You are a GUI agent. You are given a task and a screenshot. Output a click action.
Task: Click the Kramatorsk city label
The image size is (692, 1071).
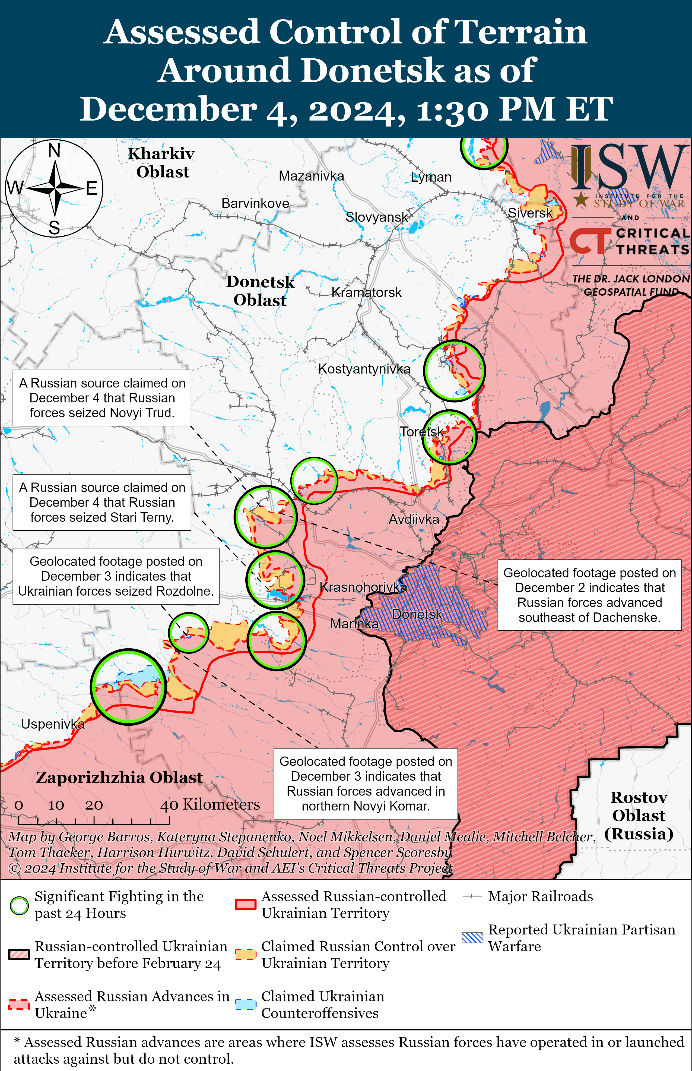coord(366,293)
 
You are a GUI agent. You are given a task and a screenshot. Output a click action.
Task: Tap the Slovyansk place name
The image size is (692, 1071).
coord(377,217)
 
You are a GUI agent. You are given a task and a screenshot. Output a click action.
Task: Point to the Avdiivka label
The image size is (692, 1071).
coord(413,520)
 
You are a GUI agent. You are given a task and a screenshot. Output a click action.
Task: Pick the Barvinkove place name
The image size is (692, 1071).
coord(255,203)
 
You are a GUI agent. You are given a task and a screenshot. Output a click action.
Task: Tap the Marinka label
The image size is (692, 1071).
coord(354,624)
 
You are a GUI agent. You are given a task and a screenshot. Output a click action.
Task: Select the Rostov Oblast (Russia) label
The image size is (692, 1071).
coord(639,816)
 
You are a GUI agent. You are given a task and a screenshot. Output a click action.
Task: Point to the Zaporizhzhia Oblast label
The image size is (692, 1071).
coord(119,778)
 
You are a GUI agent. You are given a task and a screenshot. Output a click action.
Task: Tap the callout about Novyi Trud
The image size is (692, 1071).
coord(102,398)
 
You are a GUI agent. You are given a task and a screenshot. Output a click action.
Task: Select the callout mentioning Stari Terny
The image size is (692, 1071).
coord(102,503)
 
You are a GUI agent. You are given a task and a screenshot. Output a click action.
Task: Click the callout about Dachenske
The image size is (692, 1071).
coord(589,595)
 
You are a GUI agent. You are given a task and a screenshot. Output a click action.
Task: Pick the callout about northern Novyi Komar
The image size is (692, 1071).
coord(366,784)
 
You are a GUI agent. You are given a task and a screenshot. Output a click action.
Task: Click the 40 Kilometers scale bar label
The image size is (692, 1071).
coord(210,804)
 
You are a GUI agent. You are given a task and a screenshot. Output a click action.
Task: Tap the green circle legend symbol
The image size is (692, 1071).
coord(19,906)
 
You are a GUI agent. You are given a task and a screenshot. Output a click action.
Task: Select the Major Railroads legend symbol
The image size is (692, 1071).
coord(472,897)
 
